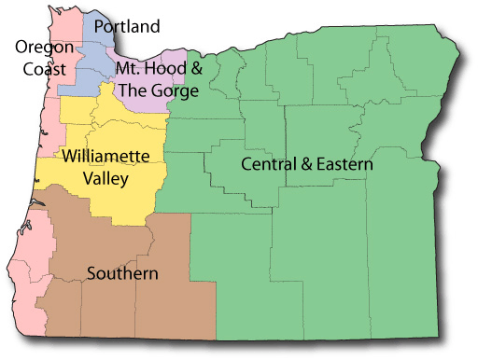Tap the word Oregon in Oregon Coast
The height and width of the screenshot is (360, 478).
pos(40,48)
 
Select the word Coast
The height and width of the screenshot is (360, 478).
pos(45,69)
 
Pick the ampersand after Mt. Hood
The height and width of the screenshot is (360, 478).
pos(196,69)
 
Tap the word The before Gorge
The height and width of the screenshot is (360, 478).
pos(134,90)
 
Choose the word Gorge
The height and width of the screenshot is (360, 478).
pos(176,91)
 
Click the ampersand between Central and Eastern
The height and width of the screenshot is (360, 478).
pos(309,164)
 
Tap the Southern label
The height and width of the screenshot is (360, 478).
pos(122,274)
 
